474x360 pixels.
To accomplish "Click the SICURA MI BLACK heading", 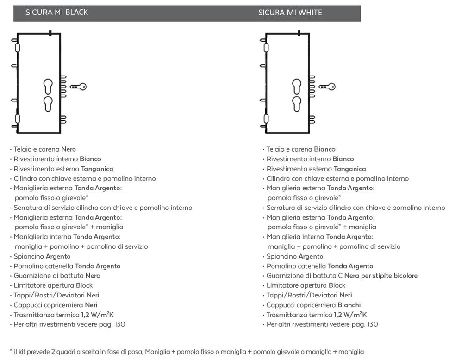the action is (x=56, y=13).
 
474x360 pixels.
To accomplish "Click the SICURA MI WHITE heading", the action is (x=290, y=13).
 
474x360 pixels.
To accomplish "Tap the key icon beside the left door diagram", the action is (x=78, y=87).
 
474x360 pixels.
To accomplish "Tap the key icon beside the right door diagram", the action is (x=327, y=87).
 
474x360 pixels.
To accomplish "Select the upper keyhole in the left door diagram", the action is (x=48, y=87).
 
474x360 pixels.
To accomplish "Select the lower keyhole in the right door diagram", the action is (x=297, y=104).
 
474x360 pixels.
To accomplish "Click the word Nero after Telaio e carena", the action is (x=69, y=149).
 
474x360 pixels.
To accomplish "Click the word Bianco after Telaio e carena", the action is (x=324, y=149).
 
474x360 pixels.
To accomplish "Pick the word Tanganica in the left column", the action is (x=97, y=169).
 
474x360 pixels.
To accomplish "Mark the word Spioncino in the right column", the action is (x=280, y=257).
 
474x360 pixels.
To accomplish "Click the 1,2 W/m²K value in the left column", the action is (x=97, y=315).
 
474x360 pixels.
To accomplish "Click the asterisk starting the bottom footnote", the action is (x=11, y=350).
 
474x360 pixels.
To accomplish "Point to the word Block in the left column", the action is (x=84, y=285).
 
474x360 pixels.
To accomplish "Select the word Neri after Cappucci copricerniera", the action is (x=91, y=305).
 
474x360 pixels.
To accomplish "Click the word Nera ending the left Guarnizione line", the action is (x=93, y=276).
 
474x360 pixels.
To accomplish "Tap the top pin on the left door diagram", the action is (x=50, y=33).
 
